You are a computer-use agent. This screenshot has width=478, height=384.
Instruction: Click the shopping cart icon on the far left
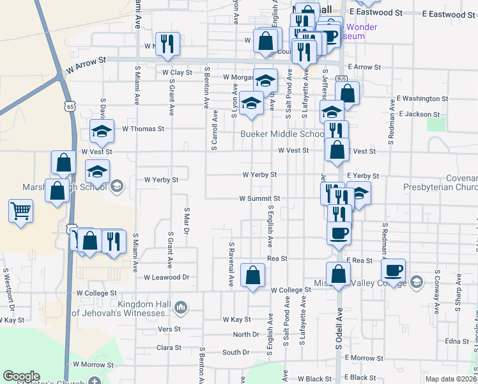coord(21,211)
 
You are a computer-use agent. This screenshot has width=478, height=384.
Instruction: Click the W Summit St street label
coord(259,199)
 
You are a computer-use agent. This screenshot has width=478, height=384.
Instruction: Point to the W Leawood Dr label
coord(167,277)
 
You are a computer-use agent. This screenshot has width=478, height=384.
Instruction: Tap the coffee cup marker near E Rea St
coord(394,271)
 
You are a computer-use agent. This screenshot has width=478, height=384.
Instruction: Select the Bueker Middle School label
coord(282,134)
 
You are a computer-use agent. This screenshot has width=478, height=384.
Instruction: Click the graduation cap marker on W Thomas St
coord(101,132)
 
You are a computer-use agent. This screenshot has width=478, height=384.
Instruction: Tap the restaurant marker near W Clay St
coord(167,44)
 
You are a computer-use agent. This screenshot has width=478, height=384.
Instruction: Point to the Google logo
coord(21,376)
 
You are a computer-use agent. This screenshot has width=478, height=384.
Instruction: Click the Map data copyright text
coord(450,379)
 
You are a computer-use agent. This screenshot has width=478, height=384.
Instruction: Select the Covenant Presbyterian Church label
coord(440,182)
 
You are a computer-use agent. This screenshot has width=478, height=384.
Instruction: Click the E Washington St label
coord(422,99)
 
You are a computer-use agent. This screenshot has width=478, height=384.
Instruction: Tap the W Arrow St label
coord(85,62)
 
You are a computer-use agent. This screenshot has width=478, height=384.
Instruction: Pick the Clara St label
coord(169,348)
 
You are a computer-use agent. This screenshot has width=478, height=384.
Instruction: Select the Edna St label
coord(457,341)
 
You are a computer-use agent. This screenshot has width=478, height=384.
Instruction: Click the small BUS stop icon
coord(341,79)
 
